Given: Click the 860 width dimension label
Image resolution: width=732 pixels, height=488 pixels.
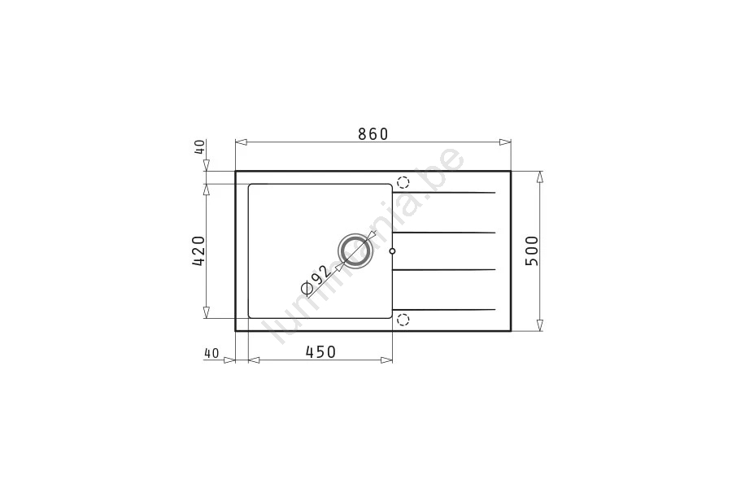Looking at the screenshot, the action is pos(373,134).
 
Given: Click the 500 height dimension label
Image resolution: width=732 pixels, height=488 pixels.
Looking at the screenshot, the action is pos(532,251).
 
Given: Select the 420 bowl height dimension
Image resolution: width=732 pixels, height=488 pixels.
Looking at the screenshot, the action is pos(198,251).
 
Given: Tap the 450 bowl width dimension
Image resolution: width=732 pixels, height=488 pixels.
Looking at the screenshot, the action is pos(320,351).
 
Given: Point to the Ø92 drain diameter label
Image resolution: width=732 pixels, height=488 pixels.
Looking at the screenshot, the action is pos(316,281).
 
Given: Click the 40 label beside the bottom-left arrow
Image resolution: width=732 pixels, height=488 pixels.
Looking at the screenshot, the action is pos(211,353).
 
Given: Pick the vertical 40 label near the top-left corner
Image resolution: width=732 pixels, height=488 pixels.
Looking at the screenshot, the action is pos(199,147).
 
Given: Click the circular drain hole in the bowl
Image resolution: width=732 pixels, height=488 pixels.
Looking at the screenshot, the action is pos(355,251).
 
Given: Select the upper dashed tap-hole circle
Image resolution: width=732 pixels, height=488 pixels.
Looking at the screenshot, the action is pos(403,182).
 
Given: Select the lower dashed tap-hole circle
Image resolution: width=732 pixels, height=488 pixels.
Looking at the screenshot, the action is pos(403,320).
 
